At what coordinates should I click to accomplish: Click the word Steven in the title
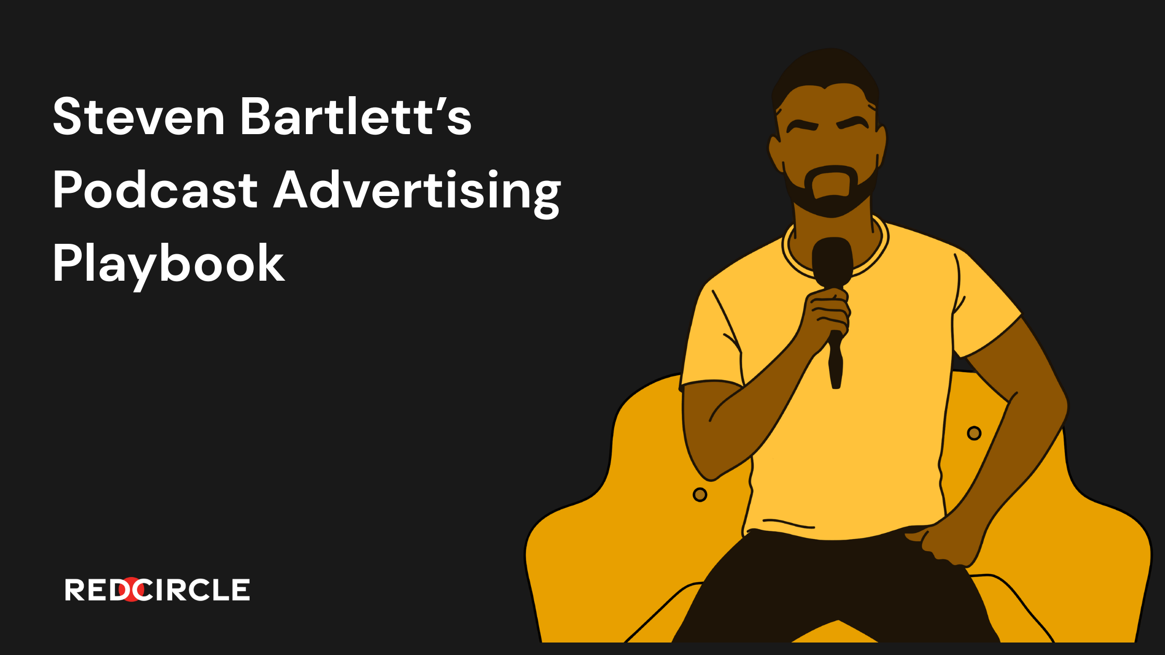pyautogui.click(x=139, y=116)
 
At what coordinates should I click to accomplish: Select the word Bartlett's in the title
pyautogui.click(x=356, y=116)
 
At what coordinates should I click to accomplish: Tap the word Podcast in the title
pyautogui.click(x=156, y=189)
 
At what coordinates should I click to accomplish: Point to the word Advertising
pyautogui.click(x=417, y=192)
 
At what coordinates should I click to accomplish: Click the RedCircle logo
pyautogui.click(x=157, y=589)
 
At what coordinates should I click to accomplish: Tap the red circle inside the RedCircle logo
pyautogui.click(x=133, y=589)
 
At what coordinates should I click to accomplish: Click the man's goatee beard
pyautogui.click(x=832, y=190)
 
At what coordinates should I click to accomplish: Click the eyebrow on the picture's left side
pyautogui.click(x=803, y=126)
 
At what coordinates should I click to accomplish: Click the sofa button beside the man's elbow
pyautogui.click(x=700, y=494)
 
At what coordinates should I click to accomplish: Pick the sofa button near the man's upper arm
pyautogui.click(x=974, y=433)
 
